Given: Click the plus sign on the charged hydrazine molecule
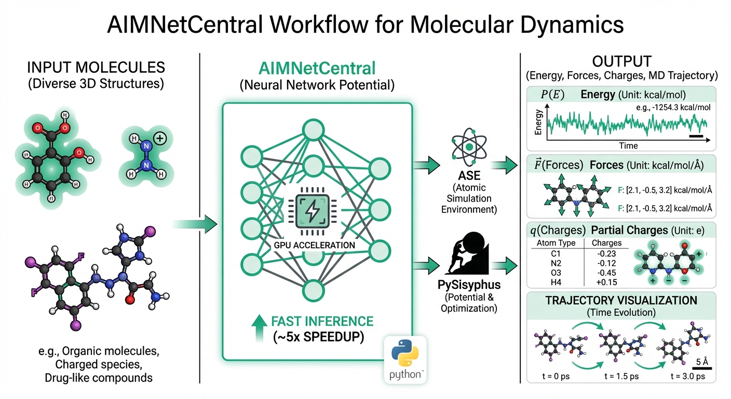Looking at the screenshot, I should click(x=160, y=139).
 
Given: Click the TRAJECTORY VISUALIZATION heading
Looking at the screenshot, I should click(x=621, y=300).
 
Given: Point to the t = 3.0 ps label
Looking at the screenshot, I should click(x=687, y=376).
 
